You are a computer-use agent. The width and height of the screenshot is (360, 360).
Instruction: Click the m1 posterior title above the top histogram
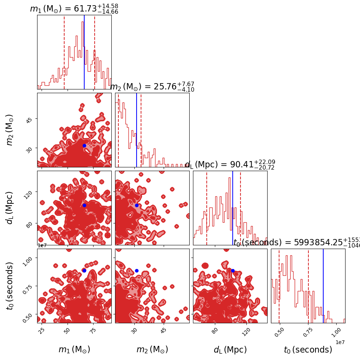point(74,9)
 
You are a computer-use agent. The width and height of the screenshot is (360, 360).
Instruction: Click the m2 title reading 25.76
point(152,87)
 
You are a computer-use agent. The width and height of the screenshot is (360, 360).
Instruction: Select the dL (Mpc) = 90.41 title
point(230,165)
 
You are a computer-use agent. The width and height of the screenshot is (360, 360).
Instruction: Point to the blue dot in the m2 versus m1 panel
point(84,145)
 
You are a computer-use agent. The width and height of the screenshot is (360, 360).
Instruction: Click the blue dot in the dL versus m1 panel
point(84,205)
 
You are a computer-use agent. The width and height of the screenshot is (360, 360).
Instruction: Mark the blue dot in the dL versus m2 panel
point(137,205)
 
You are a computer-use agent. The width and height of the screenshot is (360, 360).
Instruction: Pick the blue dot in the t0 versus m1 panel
point(84,271)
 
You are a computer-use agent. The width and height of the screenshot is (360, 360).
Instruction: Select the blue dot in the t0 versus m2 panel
point(137,271)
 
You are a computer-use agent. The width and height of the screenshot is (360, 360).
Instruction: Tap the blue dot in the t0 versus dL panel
point(233,271)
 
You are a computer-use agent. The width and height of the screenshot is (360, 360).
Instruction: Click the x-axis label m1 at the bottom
point(74,350)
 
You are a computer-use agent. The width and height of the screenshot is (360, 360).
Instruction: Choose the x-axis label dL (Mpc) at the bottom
point(230,350)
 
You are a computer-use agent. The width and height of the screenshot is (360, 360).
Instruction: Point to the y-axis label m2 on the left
point(10,130)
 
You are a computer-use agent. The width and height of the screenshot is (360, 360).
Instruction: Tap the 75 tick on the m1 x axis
point(93,332)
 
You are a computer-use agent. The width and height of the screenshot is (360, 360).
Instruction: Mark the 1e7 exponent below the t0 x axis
point(340,342)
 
